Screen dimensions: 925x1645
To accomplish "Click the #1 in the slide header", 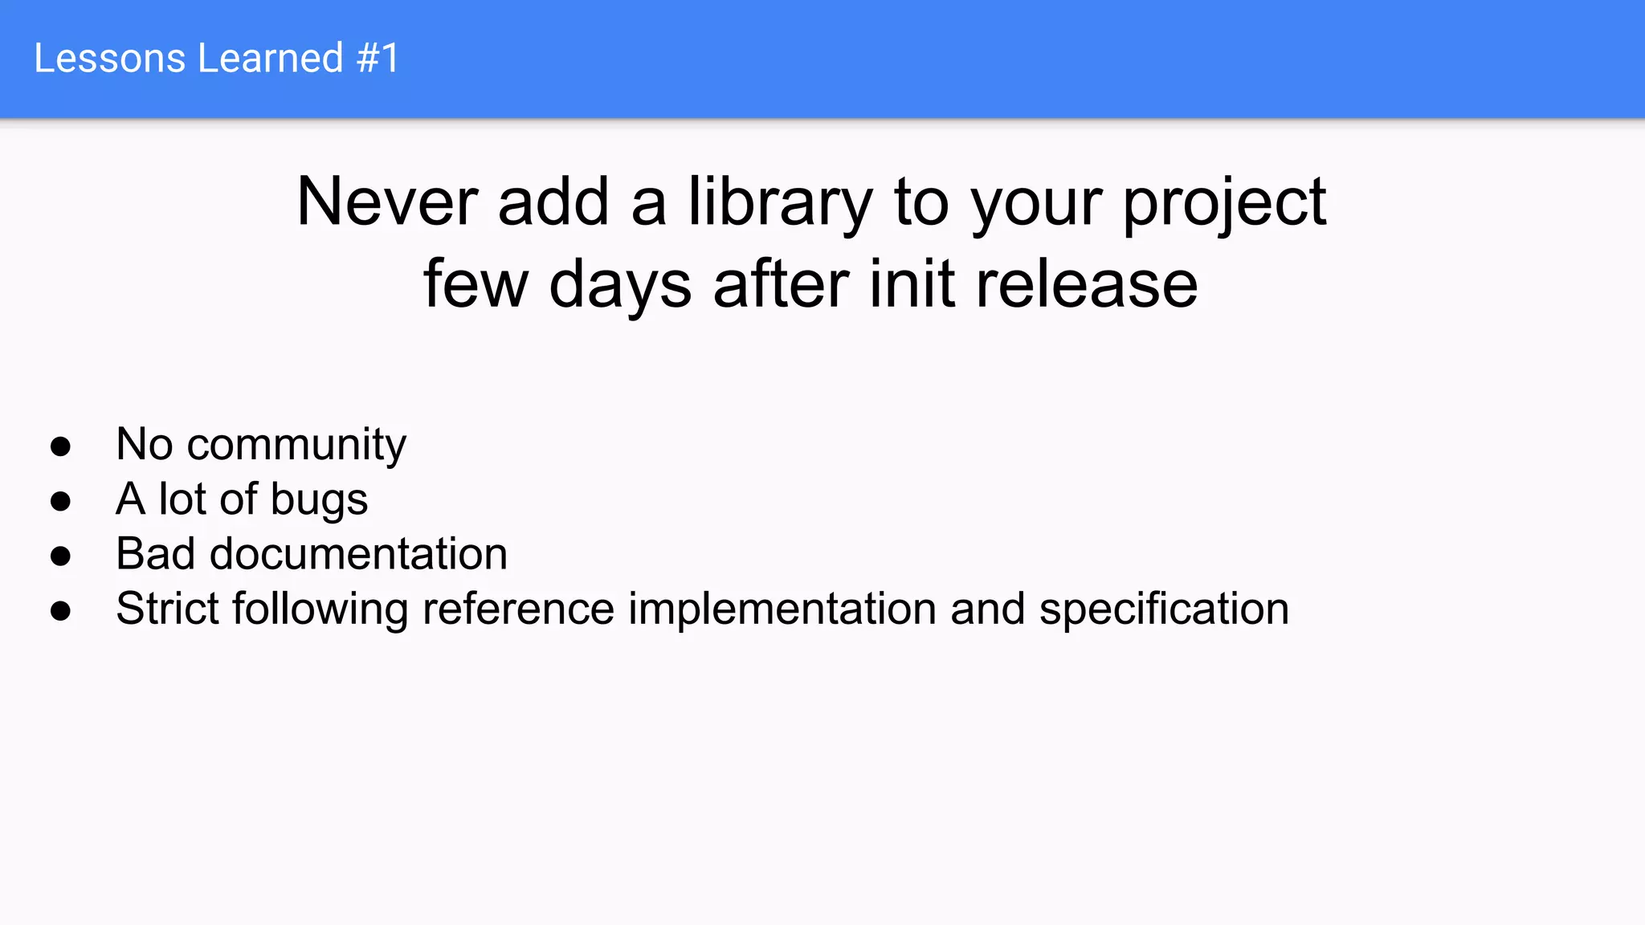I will pos(378,59).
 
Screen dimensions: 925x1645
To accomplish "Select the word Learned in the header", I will pos(271,59).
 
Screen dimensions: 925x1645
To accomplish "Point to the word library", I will pos(779,202).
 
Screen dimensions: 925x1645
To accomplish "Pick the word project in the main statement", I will pos(1224,202).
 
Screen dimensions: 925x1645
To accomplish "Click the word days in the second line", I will pos(620,284).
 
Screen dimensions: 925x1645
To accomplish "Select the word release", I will pos(1086,284).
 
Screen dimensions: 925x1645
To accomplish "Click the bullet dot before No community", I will pos(60,446).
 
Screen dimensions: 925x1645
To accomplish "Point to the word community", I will pos(296,445).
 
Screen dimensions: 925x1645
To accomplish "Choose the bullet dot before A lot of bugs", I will pos(60,501).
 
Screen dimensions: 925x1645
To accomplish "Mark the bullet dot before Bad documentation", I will pos(60,556).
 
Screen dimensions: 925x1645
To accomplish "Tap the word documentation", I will pos(358,554).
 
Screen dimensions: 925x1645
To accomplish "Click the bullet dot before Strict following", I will pos(60,610).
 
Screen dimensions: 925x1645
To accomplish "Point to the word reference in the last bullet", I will pos(518,609).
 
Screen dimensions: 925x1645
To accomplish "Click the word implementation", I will pos(782,609).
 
